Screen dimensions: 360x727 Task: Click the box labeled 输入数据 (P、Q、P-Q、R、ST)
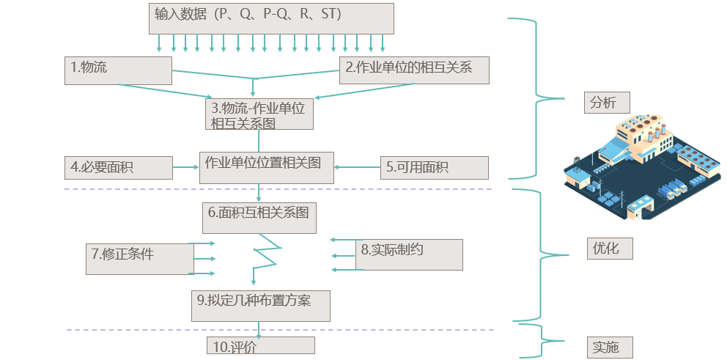(271, 18)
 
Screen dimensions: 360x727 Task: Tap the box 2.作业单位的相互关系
(413, 70)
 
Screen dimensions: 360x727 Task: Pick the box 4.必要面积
(119, 168)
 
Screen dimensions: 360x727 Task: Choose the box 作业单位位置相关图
(266, 167)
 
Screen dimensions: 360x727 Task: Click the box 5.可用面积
(434, 168)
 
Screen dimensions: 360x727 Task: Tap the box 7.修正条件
(140, 258)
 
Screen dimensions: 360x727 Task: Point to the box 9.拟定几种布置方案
(261, 305)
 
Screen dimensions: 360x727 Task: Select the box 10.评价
(260, 346)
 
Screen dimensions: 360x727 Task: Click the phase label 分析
(607, 103)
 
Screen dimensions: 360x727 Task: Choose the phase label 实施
(608, 347)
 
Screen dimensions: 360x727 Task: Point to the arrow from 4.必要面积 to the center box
(186, 168)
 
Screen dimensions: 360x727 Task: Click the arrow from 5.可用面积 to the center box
(356, 168)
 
